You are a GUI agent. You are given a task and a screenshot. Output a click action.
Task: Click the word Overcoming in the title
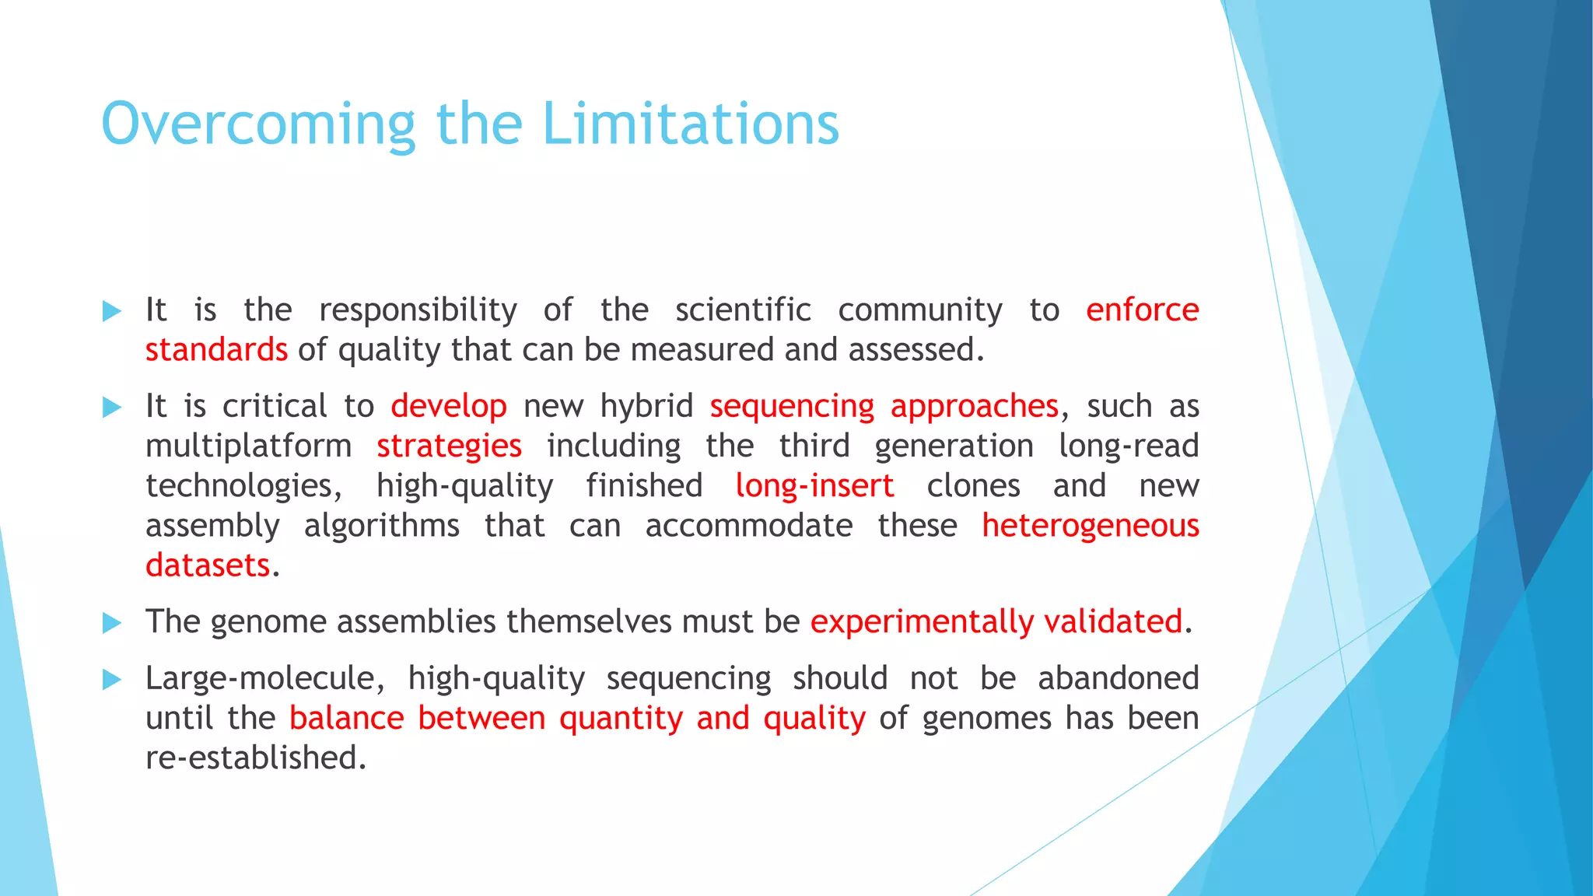pos(258,124)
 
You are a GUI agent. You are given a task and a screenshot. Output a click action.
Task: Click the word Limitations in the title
pos(690,124)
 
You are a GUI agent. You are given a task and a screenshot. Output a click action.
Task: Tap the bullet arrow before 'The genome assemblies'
pos(112,622)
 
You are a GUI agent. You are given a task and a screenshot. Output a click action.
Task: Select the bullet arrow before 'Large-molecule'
pos(112,680)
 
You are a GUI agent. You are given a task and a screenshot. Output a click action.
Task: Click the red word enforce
pos(1142,310)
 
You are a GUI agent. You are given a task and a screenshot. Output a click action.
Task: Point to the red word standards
pos(216,350)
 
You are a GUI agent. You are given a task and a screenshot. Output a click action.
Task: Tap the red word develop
pos(448,407)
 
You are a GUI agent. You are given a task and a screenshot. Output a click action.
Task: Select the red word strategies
pos(449,446)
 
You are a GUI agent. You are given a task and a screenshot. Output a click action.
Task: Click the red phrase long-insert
pos(814,486)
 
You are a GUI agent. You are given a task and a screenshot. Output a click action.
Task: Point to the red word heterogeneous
pos(1090,526)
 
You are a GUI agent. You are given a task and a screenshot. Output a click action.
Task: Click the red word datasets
pos(208,565)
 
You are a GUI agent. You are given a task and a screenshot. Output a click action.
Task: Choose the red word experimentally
pos(922,622)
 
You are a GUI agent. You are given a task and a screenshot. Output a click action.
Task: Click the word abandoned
pos(1118,678)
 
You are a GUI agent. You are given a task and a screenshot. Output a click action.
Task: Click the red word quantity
pos(621,719)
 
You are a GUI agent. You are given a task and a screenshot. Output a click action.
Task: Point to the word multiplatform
pos(248,446)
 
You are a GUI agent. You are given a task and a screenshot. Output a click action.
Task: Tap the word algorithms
pos(381,527)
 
